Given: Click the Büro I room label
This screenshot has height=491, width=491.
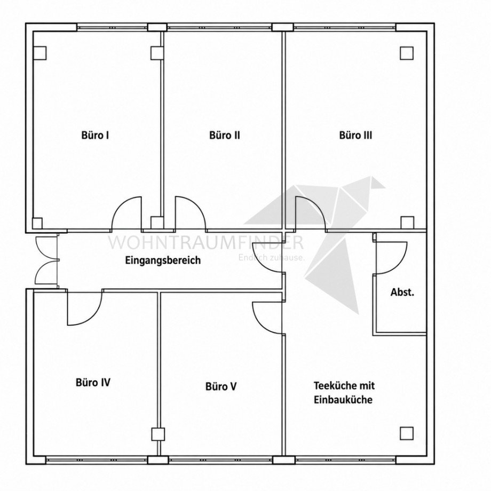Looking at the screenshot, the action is click(95, 135).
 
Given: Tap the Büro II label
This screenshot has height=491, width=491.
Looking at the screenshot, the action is click(225, 135).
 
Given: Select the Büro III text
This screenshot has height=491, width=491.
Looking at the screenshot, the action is click(356, 135).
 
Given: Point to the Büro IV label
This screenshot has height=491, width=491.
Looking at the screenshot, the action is click(93, 382).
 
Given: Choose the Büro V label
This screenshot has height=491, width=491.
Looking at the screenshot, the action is click(221, 386).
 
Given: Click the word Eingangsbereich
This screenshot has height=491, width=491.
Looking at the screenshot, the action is click(163, 260).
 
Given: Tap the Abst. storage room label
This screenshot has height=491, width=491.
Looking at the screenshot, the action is click(402, 292).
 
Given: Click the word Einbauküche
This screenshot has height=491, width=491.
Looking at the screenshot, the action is click(343, 400).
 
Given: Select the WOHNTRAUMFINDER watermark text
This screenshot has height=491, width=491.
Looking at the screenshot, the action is click(205, 242).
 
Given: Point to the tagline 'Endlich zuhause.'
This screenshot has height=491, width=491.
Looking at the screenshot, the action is click(272, 258).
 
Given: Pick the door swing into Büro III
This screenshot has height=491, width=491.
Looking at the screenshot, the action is click(311, 213).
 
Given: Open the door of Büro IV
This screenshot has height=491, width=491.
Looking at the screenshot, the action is click(84, 308).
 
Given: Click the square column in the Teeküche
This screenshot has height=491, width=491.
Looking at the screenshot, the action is click(407, 433).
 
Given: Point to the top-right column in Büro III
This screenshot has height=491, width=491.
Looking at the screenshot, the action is click(407, 53).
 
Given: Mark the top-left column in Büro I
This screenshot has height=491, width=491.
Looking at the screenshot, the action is click(40, 53).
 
